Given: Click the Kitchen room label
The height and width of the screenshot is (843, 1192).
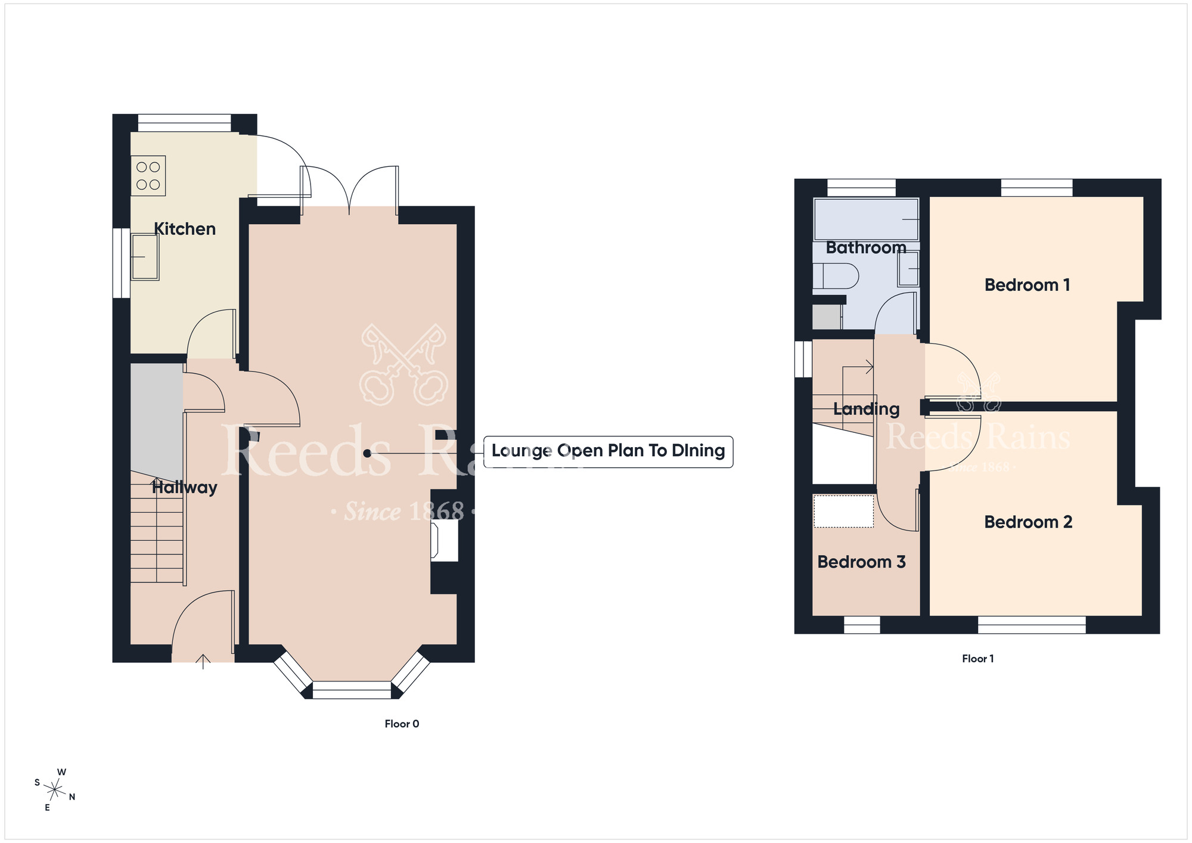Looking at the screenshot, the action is [x=185, y=229].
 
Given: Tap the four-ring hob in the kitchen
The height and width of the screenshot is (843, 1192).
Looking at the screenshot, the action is [x=148, y=176].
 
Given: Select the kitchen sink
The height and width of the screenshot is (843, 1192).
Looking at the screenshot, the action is [x=145, y=257].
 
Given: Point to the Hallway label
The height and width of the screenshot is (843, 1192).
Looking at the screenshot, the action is [x=185, y=488].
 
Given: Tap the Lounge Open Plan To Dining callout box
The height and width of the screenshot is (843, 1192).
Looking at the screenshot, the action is [x=608, y=451].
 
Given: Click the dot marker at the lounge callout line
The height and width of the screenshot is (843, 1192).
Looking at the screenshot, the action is [x=367, y=454].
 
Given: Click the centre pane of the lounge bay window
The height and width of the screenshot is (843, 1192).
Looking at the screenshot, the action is [x=352, y=690].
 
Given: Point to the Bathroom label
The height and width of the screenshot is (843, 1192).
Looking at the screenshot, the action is [x=866, y=248].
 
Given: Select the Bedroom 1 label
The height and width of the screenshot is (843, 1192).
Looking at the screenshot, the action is [x=1028, y=285].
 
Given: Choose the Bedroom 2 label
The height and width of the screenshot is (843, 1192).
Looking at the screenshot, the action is [x=1028, y=522].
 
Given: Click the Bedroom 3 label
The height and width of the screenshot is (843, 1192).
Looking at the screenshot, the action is [x=861, y=562].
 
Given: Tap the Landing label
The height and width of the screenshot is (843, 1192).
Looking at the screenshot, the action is [x=867, y=410].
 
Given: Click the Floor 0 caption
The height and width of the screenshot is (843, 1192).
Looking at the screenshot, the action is [x=402, y=724].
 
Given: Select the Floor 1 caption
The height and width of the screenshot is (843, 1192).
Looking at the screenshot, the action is [x=978, y=659].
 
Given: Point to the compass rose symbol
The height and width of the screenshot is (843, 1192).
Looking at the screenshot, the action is [x=55, y=791].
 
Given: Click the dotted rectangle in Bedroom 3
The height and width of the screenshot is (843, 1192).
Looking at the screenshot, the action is [x=844, y=511].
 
